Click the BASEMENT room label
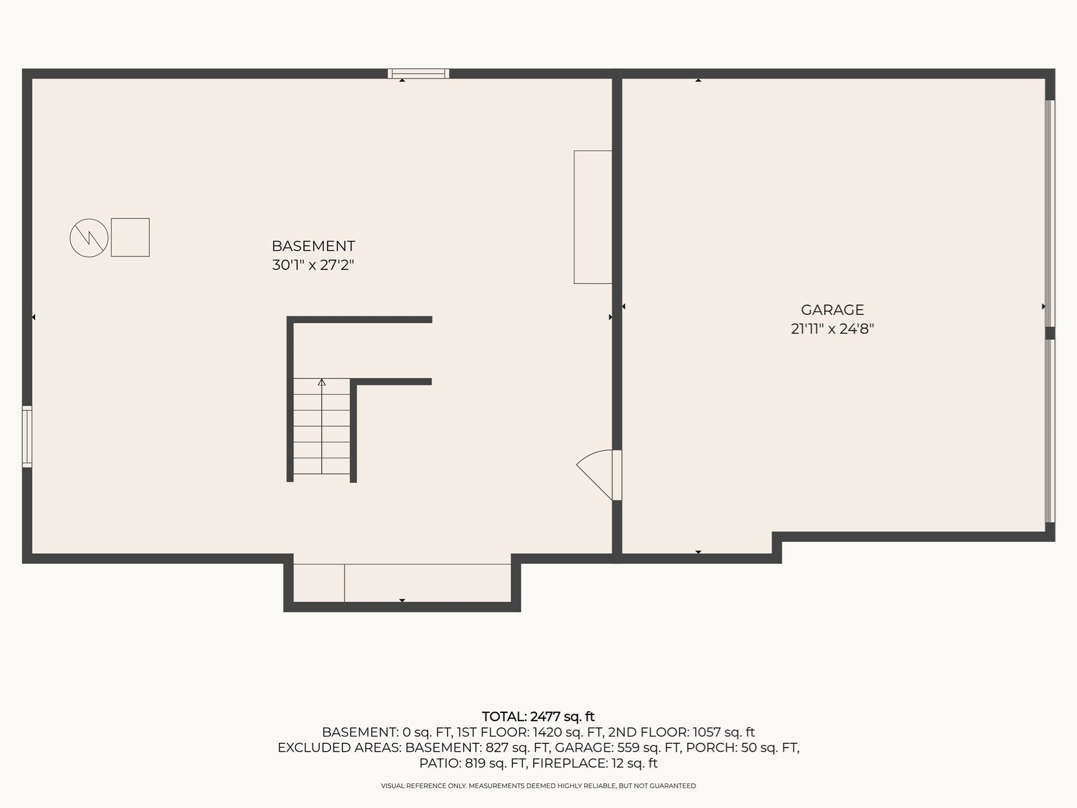(x=313, y=246)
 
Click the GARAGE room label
(x=832, y=310)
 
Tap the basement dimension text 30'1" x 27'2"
(x=313, y=265)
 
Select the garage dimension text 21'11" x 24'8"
(x=832, y=329)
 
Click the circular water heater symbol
(x=89, y=238)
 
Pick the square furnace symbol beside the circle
(x=130, y=237)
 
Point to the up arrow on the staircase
(x=322, y=382)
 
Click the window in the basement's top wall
(x=419, y=74)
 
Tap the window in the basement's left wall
(x=27, y=437)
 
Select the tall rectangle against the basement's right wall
(x=593, y=217)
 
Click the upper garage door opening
(x=1050, y=213)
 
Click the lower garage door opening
(x=1050, y=431)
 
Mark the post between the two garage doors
(x=1050, y=333)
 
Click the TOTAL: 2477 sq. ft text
(x=538, y=716)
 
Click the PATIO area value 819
(x=475, y=763)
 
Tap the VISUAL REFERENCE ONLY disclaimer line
(x=538, y=786)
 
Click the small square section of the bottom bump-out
(x=319, y=583)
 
